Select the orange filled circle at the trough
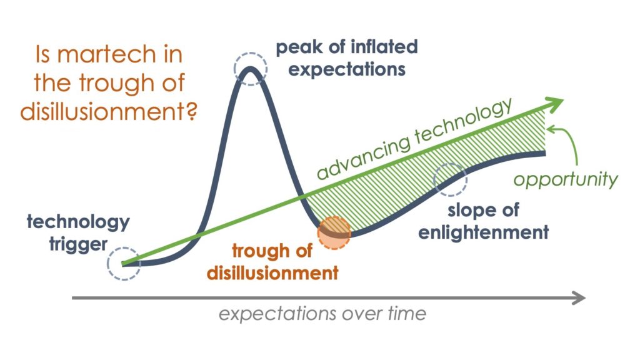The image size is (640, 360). coord(334,232)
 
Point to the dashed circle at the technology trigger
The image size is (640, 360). coord(123,264)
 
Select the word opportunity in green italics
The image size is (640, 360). coord(565,179)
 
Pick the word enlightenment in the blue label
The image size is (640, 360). coord(483,232)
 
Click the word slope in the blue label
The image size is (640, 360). coord(461,210)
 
